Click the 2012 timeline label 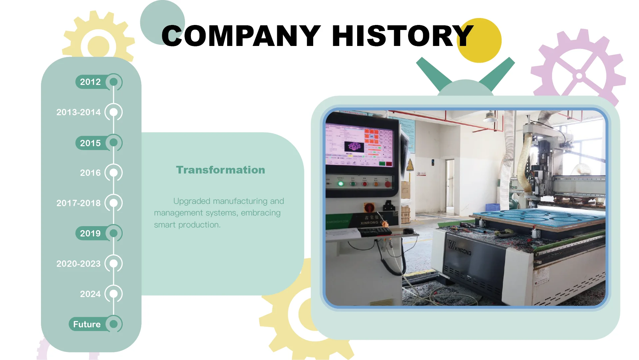coord(90,82)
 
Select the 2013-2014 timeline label coord(79,112)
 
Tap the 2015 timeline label coord(90,143)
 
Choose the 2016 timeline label coord(90,173)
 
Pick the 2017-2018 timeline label coord(79,203)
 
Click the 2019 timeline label coord(90,233)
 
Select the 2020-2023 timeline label coord(79,264)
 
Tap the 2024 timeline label coord(90,294)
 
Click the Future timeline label coord(87,324)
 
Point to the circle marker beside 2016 coord(114,173)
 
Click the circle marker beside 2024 coord(114,294)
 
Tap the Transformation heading coord(221,170)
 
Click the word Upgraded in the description coord(192,201)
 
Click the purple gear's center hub coord(579,76)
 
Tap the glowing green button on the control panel coord(340,183)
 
